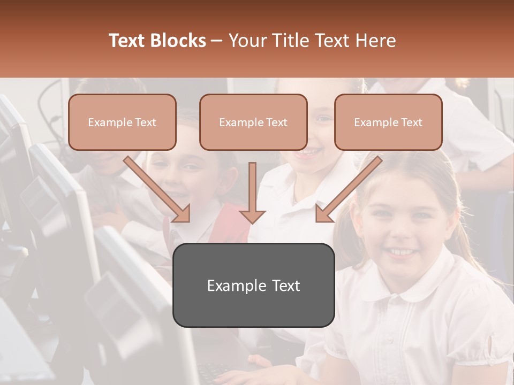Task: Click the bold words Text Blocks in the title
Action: [x=157, y=41]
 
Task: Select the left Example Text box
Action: [x=122, y=122]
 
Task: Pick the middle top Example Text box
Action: [x=253, y=122]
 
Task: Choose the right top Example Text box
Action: [x=388, y=122]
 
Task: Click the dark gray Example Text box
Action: [x=253, y=285]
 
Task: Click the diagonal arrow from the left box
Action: [x=157, y=189]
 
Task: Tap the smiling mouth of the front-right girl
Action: [x=400, y=251]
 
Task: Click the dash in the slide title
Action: [x=217, y=41]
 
